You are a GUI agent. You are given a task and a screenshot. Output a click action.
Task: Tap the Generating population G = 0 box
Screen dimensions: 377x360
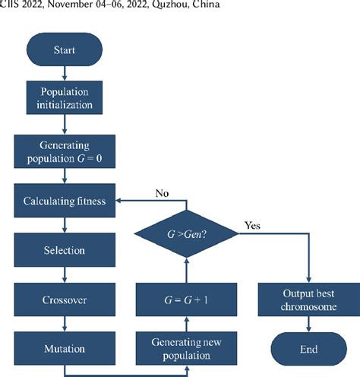pyautogui.click(x=64, y=151)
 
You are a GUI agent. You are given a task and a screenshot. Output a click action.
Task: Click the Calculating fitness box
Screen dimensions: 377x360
pyautogui.click(x=64, y=201)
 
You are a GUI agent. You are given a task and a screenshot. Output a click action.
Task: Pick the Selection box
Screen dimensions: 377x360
pyautogui.click(x=64, y=250)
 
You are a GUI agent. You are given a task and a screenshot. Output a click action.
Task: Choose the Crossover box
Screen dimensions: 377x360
pyautogui.click(x=64, y=299)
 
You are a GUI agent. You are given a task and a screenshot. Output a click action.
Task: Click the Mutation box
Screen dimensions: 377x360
pyautogui.click(x=64, y=349)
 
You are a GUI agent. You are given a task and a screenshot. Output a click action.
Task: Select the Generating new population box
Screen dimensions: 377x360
pyautogui.click(x=186, y=349)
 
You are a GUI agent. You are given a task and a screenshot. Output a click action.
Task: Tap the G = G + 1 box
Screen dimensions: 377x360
pyautogui.click(x=186, y=299)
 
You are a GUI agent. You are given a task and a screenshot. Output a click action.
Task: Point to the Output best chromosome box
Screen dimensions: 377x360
pyautogui.click(x=308, y=299)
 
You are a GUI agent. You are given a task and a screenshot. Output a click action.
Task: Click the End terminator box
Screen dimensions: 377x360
pyautogui.click(x=308, y=349)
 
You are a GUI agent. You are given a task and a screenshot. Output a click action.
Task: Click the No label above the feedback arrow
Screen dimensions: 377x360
pyautogui.click(x=163, y=194)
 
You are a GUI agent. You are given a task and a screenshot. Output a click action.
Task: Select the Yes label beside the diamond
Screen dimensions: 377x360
pyautogui.click(x=253, y=226)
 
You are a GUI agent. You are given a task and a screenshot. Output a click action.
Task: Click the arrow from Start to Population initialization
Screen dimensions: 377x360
pyautogui.click(x=64, y=74)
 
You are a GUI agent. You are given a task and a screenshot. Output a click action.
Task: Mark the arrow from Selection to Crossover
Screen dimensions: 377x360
pyautogui.click(x=64, y=274)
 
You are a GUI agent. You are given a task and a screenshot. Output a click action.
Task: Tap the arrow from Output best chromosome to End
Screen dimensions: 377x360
pyautogui.click(x=308, y=325)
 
